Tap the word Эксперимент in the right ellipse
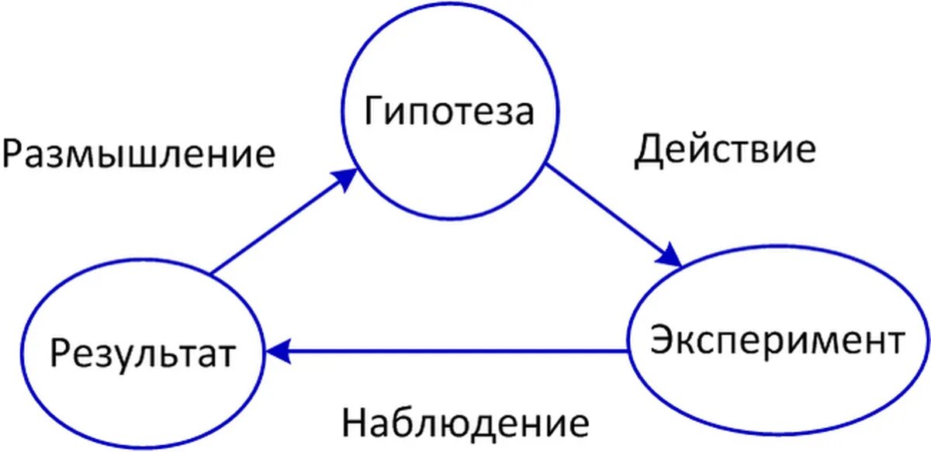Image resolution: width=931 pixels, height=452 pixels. click(777, 340)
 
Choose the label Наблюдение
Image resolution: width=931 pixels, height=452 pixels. click(465, 423)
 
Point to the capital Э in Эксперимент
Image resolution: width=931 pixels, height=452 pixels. click(660, 340)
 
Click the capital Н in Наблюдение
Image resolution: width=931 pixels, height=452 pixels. click(353, 423)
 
